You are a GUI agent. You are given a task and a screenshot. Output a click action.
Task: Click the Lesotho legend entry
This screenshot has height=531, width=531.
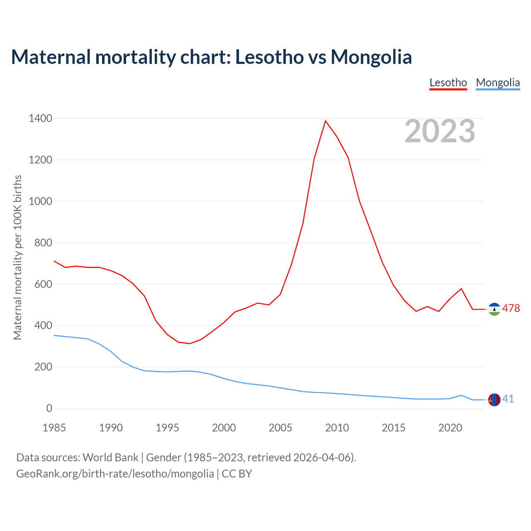coord(448,83)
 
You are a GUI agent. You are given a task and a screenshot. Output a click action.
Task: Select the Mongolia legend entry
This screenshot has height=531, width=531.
coord(498,83)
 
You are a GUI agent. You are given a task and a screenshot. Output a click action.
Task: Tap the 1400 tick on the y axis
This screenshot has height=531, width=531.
coord(41,119)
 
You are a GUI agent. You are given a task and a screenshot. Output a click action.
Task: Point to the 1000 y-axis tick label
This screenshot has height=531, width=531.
coord(41,201)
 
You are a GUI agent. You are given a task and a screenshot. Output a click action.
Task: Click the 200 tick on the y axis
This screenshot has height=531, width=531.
coord(44,367)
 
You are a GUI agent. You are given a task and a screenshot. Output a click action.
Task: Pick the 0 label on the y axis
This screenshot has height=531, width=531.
coord(49,409)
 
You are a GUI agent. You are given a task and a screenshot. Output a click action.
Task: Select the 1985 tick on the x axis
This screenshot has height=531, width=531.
coord(54,428)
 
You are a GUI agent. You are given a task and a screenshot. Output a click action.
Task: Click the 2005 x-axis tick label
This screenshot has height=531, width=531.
coord(280,428)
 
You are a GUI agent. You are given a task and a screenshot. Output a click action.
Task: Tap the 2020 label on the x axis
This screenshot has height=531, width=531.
coord(450,428)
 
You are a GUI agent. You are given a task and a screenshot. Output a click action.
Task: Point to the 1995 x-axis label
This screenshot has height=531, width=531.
coord(167,428)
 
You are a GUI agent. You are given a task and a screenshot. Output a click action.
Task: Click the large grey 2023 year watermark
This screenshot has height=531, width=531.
coord(440,131)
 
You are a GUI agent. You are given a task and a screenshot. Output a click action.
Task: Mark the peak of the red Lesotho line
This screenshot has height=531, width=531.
coord(326,121)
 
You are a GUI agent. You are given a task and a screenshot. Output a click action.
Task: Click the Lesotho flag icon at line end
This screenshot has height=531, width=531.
coord(494,309)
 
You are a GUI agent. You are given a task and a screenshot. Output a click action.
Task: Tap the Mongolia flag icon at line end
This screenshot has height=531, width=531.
coord(494,399)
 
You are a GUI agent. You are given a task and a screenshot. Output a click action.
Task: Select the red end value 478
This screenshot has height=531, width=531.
coord(511,308)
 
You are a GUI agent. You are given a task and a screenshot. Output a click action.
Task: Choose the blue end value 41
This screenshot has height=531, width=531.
coord(508,399)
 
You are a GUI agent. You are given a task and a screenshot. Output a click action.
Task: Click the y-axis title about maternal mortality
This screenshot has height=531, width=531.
coord(17,257)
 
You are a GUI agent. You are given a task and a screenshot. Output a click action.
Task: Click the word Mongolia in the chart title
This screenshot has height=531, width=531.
coord(371,57)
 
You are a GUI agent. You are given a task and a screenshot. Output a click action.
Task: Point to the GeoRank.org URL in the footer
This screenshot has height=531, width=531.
coord(115,473)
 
